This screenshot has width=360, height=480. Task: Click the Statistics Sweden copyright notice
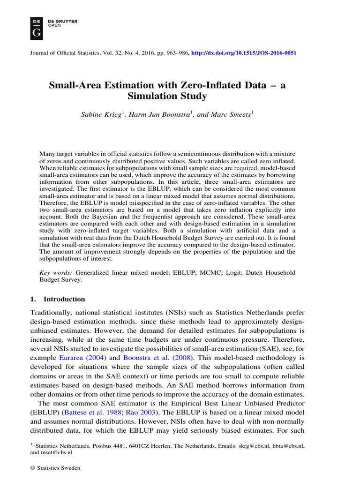(55, 468)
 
